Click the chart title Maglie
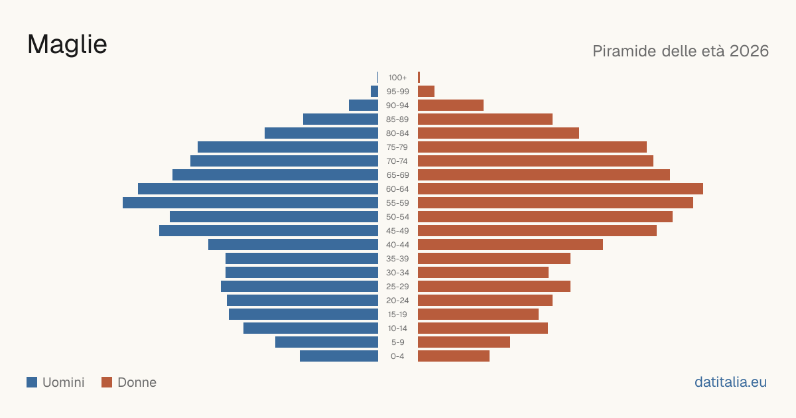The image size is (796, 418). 67,45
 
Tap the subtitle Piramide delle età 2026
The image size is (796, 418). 681,51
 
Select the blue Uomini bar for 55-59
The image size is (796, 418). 250,202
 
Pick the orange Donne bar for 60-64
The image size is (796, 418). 561,188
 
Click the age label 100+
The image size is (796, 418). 397,78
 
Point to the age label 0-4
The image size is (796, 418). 397,356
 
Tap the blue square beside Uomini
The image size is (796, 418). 32,382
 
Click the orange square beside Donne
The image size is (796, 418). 107,382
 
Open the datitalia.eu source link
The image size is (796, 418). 730,382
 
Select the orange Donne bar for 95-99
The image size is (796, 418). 426,92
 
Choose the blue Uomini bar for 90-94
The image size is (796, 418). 364,105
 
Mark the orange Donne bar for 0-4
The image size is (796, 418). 454,356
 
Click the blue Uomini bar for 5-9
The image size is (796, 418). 326,342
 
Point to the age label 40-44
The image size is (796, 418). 397,245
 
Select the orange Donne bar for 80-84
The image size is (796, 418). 498,133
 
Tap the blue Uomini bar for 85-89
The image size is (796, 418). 340,119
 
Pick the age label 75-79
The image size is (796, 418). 397,147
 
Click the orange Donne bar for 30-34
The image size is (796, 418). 483,273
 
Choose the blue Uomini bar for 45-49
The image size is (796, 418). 269,231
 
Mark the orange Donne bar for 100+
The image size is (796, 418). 419,78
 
